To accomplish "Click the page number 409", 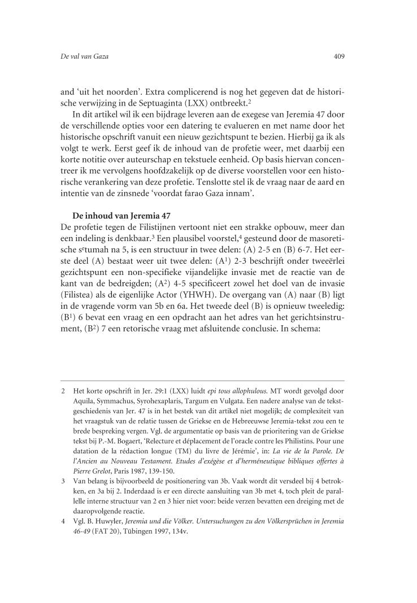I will pos(339,56).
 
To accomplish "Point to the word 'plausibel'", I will pos(197,240).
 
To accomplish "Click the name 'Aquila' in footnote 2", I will pos(85,401).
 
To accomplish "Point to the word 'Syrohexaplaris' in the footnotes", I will pos(160,401).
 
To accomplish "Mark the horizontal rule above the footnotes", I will pos(203,381).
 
